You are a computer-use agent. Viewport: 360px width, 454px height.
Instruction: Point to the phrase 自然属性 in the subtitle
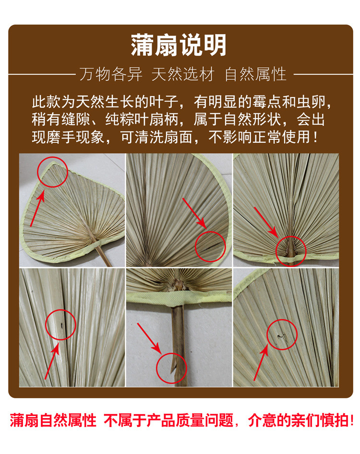(x=255, y=74)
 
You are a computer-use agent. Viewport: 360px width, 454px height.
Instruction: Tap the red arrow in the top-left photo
(x=38, y=207)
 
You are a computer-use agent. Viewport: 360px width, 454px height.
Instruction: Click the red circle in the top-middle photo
(x=210, y=246)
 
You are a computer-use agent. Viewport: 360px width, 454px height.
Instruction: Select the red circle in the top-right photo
(x=291, y=247)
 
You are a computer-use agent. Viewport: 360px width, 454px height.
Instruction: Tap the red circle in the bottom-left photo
(x=60, y=325)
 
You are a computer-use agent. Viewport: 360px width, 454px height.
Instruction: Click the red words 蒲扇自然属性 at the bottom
(x=53, y=420)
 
